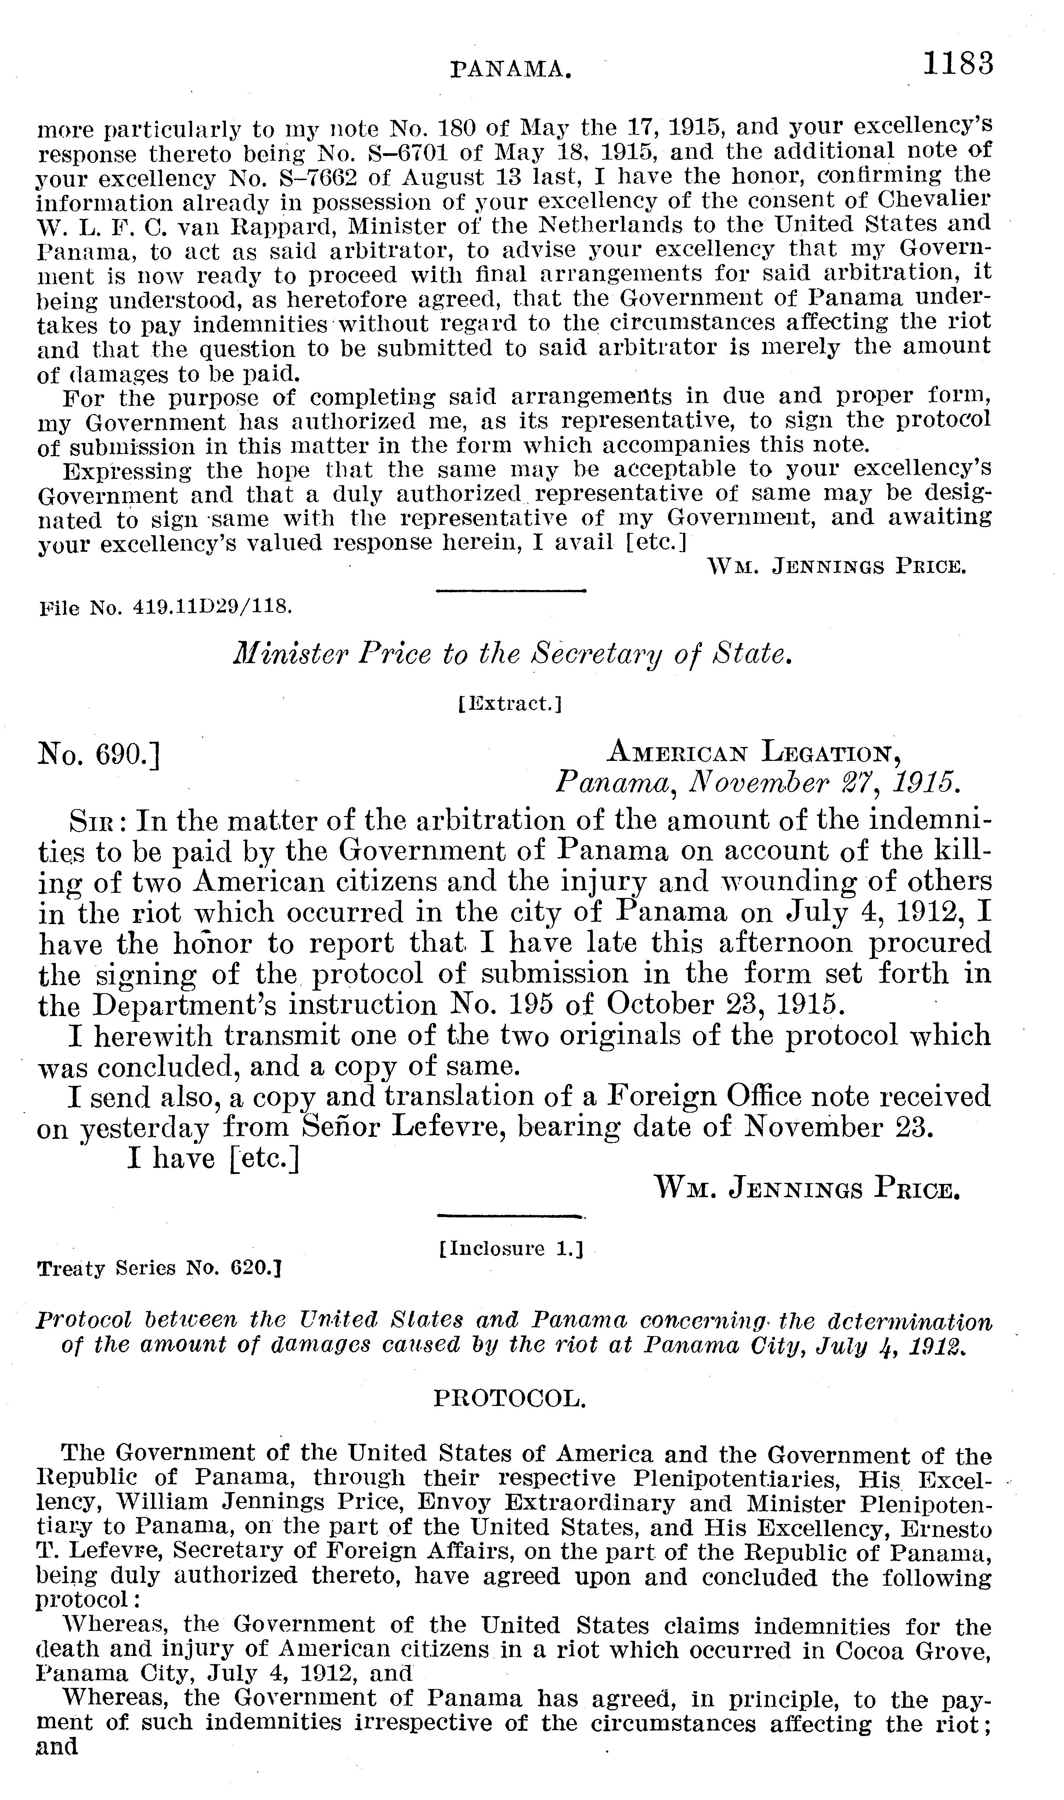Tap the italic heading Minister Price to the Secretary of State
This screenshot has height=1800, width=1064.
pyautogui.click(x=513, y=654)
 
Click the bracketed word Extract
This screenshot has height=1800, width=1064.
pyautogui.click(x=509, y=705)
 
